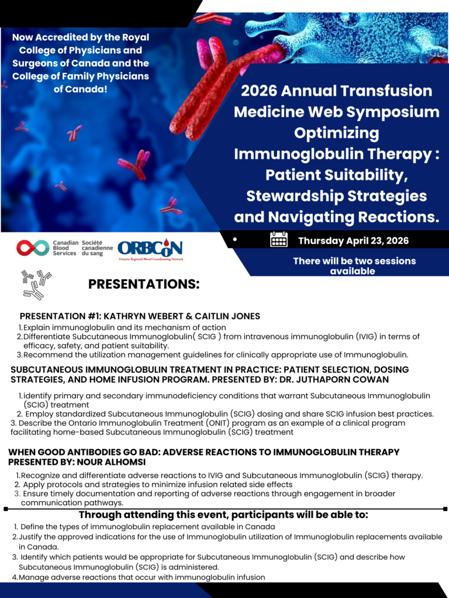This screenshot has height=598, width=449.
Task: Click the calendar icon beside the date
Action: [279, 240]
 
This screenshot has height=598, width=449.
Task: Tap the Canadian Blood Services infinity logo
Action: [33, 248]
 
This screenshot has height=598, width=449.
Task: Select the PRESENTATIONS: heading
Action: [144, 284]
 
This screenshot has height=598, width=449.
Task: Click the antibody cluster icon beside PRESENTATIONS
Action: [36, 284]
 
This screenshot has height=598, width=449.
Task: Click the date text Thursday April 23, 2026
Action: [354, 241]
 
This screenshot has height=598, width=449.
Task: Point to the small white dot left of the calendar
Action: [235, 239]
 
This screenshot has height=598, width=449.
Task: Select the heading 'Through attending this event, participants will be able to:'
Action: [224, 514]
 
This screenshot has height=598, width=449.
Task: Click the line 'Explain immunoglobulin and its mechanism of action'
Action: [125, 327]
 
